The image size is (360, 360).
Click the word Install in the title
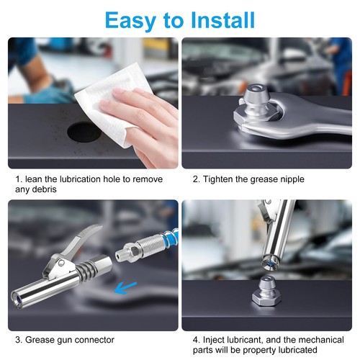point(222,20)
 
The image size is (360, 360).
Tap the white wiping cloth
point(113,106)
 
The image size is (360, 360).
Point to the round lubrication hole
point(84,131)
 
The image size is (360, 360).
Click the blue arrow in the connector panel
point(125,288)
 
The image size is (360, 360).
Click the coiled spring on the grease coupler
point(89,268)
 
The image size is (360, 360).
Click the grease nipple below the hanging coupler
point(266,292)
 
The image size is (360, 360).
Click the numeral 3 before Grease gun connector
point(18,340)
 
